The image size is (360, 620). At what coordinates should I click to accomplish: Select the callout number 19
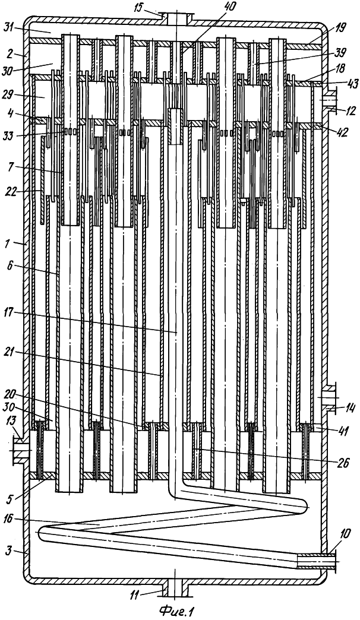(x=339, y=27)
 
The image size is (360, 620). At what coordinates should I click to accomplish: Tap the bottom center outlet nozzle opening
(x=176, y=589)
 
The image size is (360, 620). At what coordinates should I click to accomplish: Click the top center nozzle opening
(x=177, y=17)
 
